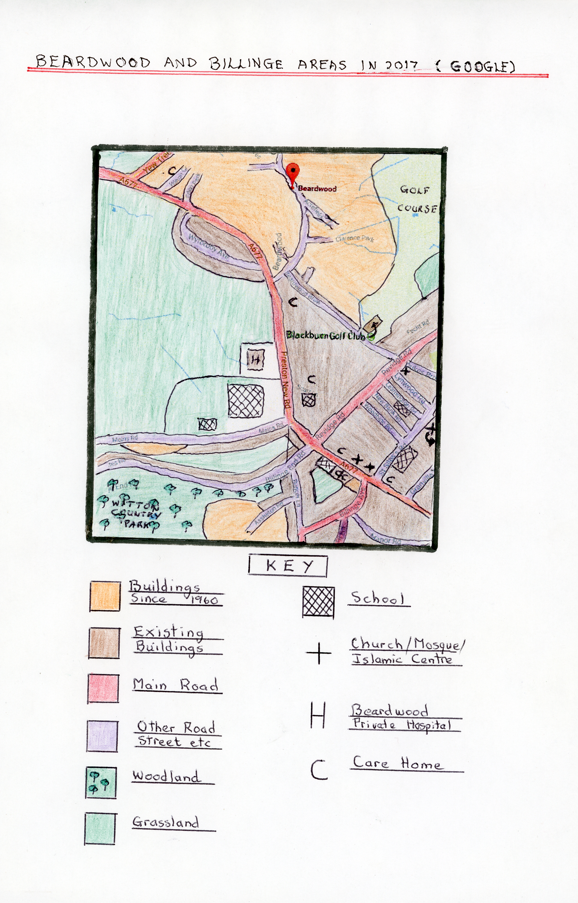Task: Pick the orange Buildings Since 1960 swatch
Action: click(x=105, y=596)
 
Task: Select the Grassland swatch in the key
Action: click(x=100, y=828)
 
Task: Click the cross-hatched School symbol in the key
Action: click(x=318, y=602)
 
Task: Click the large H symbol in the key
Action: click(x=317, y=715)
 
